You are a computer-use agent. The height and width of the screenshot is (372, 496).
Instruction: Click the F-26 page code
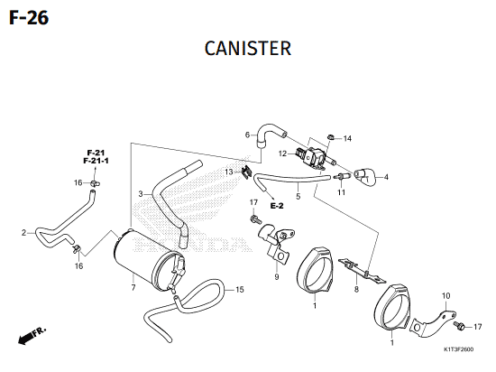tap(29, 18)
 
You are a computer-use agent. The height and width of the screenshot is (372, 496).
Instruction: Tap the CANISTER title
tap(248, 49)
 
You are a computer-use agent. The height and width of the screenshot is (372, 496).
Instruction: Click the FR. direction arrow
tap(32, 335)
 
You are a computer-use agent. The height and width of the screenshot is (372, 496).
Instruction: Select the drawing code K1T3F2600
tap(459, 349)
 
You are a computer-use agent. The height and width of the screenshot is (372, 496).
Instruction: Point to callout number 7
tap(133, 287)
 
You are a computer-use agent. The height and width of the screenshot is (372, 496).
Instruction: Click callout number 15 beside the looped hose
tap(240, 290)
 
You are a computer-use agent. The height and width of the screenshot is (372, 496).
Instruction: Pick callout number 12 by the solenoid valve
tap(282, 153)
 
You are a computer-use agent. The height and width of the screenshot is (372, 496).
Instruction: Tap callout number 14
tap(347, 138)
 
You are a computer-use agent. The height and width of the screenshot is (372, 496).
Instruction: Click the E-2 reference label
tap(277, 206)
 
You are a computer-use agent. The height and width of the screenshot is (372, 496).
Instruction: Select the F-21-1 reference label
tap(96, 161)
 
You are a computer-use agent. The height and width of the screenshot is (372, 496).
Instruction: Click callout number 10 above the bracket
tap(445, 296)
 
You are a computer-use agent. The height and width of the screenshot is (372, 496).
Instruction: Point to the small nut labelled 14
tap(331, 137)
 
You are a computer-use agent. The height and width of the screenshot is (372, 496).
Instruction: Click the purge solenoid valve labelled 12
tap(311, 156)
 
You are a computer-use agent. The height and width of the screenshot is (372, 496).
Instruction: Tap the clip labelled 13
tap(246, 172)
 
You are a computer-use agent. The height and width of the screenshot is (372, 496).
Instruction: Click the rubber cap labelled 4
tap(364, 176)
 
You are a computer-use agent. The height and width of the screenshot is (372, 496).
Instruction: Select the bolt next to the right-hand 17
tap(458, 325)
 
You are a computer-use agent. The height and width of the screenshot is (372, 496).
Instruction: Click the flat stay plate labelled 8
tap(363, 271)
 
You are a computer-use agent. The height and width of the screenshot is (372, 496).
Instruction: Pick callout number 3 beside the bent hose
tap(141, 194)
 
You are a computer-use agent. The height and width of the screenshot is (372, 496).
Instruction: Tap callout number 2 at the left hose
tap(23, 233)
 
